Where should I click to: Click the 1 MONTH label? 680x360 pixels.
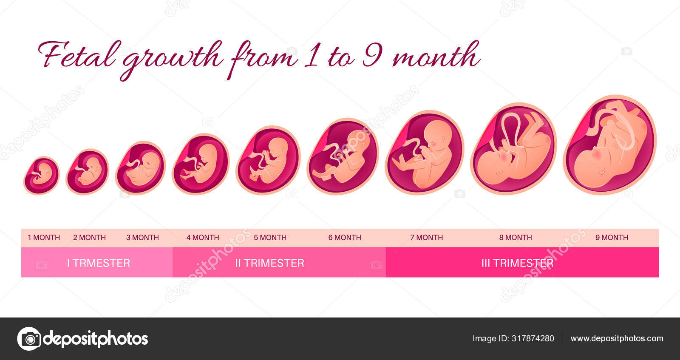point(44,237)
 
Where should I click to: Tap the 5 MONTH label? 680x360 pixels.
point(270,237)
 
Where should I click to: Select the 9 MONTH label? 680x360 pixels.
point(612,237)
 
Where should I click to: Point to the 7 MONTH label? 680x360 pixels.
point(427,237)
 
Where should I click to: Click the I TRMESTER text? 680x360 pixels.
point(99,263)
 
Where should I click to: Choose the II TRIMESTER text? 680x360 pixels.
point(270,263)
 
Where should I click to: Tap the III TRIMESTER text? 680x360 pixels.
point(518,263)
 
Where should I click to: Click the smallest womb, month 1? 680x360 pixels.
point(41,176)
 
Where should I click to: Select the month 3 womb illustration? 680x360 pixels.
point(140,167)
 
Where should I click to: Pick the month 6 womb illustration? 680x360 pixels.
point(343,156)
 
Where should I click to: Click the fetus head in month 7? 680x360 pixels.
point(437,133)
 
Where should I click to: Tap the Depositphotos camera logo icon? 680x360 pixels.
point(29,339)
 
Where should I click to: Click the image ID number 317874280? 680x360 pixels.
point(533,338)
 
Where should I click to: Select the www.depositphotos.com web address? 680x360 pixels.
point(617,338)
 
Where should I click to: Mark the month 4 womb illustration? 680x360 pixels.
point(201,164)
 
